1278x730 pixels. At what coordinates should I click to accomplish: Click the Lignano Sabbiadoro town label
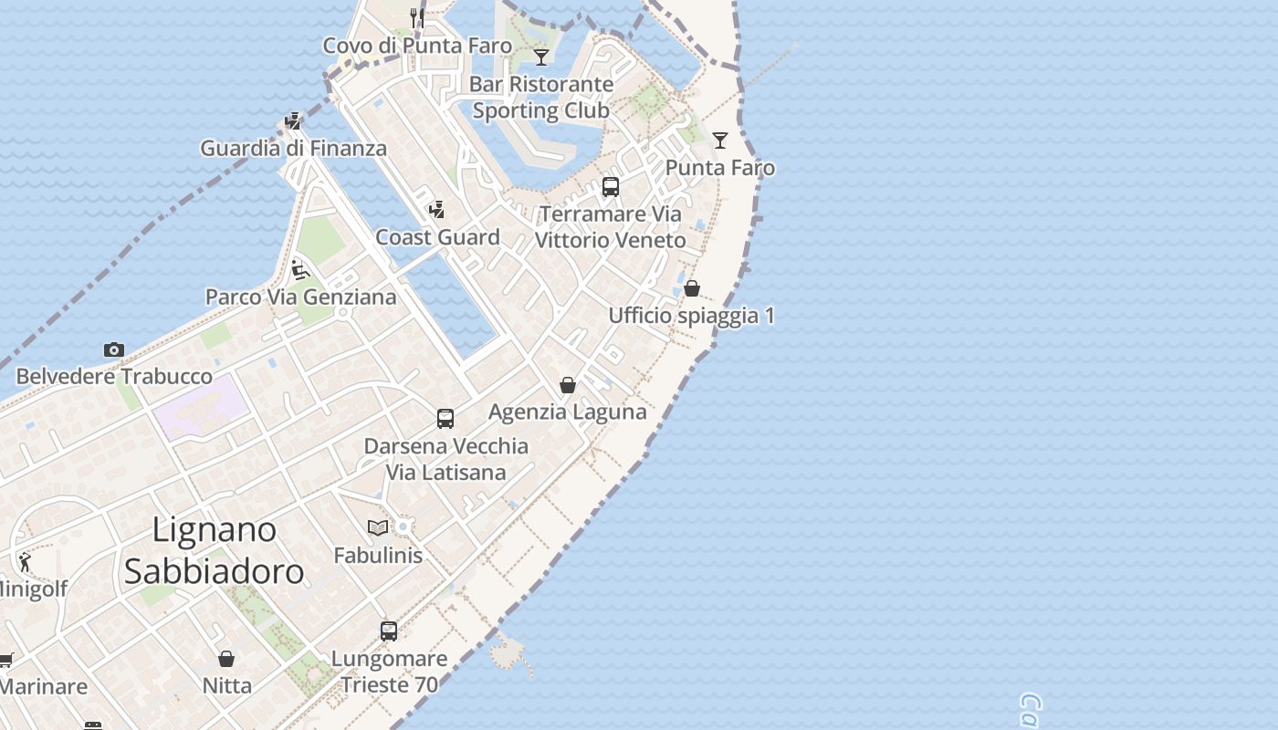point(214,550)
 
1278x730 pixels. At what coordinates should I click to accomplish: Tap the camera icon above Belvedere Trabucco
point(114,349)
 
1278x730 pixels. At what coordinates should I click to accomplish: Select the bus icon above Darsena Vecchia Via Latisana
point(445,419)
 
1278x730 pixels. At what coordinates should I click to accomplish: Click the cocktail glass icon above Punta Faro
point(720,141)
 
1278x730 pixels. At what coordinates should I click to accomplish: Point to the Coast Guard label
point(438,237)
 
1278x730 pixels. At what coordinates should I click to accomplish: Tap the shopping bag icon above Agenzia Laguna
point(568,385)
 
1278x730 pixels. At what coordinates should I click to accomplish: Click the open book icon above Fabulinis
point(378,527)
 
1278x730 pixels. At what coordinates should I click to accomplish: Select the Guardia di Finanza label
point(294,148)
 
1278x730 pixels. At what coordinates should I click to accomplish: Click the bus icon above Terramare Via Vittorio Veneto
point(611,187)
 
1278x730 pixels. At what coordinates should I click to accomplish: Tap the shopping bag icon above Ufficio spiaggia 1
point(692,288)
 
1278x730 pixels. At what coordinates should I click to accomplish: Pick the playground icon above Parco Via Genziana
point(300,269)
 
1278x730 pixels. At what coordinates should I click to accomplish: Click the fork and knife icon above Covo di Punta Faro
point(417,17)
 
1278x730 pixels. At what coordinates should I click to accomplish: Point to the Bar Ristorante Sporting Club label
point(541,97)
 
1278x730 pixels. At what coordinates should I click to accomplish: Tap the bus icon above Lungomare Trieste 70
point(389,631)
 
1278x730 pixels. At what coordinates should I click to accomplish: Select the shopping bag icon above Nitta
point(226,658)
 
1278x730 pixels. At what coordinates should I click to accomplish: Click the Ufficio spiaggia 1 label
point(691,316)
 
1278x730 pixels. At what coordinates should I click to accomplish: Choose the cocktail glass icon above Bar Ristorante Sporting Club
point(541,57)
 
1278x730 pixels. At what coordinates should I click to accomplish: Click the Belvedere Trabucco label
point(114,376)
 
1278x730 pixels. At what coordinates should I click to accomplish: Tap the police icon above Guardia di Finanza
point(293,120)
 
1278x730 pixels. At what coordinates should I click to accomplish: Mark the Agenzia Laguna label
point(568,412)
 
